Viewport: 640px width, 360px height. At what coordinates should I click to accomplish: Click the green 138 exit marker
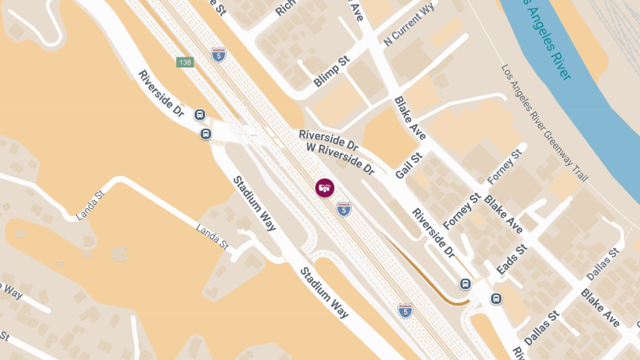pyautogui.click(x=185, y=62)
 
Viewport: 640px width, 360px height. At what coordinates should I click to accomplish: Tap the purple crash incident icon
pyautogui.click(x=324, y=188)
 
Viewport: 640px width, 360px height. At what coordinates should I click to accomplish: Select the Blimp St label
pyautogui.click(x=331, y=71)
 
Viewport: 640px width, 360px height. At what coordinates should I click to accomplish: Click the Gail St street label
pyautogui.click(x=409, y=165)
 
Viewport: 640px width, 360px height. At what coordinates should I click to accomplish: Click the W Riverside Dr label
pyautogui.click(x=341, y=158)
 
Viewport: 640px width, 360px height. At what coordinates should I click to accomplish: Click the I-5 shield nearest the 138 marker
pyautogui.click(x=218, y=55)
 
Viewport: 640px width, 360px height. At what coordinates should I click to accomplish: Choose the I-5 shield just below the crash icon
pyautogui.click(x=344, y=209)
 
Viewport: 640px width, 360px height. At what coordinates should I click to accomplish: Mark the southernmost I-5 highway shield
pyautogui.click(x=405, y=310)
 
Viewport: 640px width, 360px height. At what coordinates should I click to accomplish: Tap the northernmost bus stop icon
pyautogui.click(x=199, y=114)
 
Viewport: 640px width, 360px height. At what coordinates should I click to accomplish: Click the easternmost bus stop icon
pyautogui.click(x=496, y=299)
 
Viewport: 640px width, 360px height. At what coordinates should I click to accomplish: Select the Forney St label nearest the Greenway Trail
pyautogui.click(x=504, y=167)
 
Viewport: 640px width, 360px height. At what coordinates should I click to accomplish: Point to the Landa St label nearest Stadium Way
pyautogui.click(x=212, y=236)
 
